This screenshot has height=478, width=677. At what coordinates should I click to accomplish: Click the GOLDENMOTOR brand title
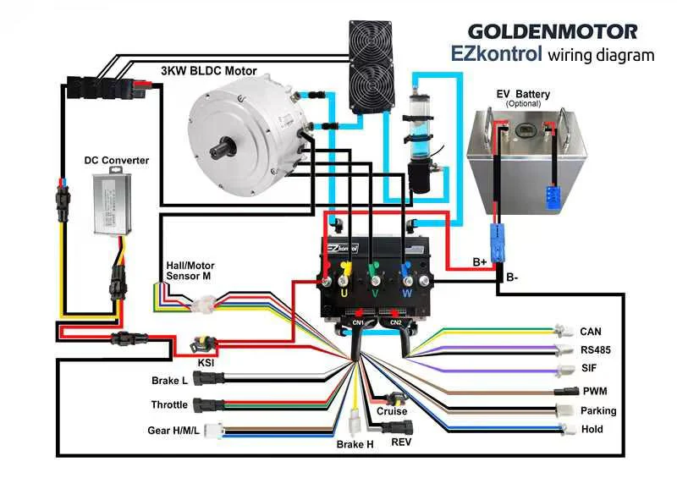553,32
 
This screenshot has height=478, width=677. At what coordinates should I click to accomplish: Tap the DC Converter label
117,160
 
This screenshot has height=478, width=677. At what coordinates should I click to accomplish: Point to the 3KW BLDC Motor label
209,71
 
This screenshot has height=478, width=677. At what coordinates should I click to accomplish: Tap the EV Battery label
523,94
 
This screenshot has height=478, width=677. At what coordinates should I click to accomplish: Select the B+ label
480,262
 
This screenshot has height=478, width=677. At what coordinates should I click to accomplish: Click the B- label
512,277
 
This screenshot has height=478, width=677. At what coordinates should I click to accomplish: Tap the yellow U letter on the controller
344,294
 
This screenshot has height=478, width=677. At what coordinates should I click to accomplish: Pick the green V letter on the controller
375,294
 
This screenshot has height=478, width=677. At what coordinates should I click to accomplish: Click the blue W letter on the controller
407,294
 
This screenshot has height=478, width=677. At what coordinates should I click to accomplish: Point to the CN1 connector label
358,322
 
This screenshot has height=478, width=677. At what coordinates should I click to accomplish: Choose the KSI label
206,363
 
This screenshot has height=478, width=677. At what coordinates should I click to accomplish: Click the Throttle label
169,404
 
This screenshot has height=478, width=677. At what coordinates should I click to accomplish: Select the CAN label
590,332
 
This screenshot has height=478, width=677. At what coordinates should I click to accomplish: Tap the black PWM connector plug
566,391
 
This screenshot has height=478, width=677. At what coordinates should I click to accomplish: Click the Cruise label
392,411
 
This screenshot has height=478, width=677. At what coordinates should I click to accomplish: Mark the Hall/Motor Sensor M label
190,271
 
